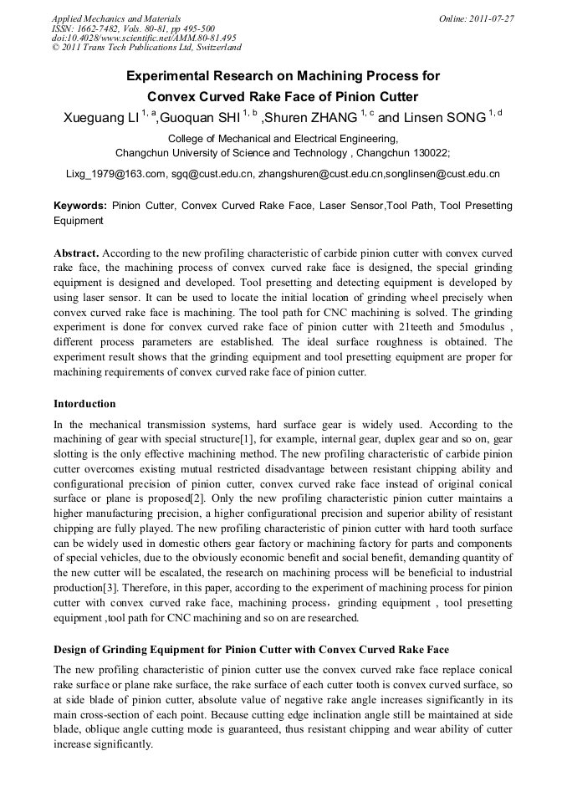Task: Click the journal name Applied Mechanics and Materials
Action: (x=115, y=18)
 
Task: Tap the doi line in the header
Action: (x=144, y=38)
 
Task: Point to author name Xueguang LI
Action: (x=100, y=118)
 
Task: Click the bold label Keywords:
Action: (x=80, y=205)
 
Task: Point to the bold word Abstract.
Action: (x=77, y=253)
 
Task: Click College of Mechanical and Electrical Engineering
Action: (x=283, y=138)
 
